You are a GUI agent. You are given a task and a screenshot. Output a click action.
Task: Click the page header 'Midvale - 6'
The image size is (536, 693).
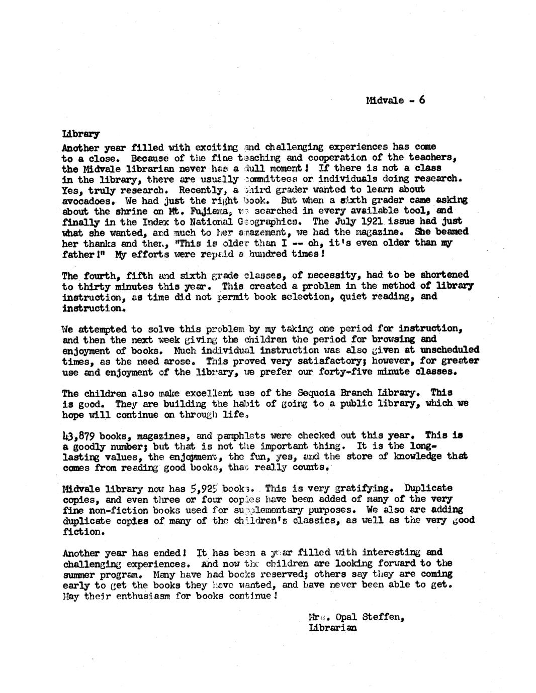[x=395, y=100]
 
